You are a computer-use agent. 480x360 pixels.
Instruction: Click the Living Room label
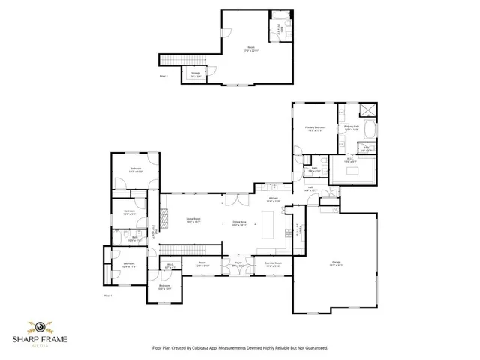point(193,220)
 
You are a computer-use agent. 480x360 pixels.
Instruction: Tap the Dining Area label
point(240,223)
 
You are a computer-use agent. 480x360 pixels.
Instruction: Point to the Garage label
point(336,263)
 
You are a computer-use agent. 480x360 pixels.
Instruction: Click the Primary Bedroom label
point(315,129)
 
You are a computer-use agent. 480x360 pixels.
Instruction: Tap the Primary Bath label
point(352,128)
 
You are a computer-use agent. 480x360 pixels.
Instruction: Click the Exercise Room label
point(274,263)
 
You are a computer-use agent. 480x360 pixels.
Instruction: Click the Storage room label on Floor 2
point(195,73)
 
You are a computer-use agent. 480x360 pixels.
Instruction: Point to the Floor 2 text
point(163,76)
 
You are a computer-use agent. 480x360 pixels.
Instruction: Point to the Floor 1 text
point(107,296)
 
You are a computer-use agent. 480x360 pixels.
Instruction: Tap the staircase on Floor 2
point(180,59)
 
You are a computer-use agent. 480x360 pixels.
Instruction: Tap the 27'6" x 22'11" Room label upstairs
point(251,50)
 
